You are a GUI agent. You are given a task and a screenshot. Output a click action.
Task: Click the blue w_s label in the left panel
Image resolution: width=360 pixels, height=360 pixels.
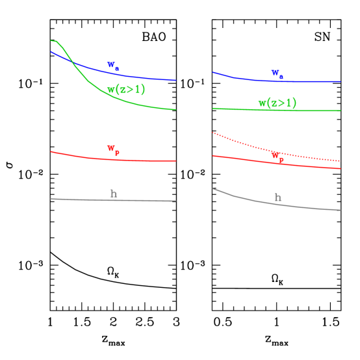(113, 66)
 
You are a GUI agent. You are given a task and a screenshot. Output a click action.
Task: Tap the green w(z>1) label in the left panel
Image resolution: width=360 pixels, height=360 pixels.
(126, 90)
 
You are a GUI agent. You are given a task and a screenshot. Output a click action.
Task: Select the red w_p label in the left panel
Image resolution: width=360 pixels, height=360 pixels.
(113, 150)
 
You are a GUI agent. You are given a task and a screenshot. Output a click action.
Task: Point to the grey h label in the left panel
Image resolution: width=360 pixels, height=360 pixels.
(114, 193)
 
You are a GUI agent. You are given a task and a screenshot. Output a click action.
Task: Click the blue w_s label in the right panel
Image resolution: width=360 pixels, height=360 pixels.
(277, 74)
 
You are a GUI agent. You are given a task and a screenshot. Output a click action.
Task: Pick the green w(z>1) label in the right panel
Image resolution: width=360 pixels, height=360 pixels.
(277, 103)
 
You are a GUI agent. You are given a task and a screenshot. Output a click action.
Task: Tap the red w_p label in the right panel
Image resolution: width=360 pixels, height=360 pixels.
(277, 157)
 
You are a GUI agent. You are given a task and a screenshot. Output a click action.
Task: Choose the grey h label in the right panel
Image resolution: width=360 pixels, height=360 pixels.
(277, 198)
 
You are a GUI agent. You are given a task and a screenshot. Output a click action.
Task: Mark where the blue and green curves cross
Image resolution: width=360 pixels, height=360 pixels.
(73, 64)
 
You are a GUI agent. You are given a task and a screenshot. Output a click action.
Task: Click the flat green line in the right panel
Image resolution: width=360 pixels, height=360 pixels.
(234, 109)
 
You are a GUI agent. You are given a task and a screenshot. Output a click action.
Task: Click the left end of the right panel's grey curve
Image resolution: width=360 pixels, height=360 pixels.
(213, 189)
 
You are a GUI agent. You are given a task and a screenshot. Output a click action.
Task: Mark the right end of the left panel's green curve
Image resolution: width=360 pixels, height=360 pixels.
(176, 109)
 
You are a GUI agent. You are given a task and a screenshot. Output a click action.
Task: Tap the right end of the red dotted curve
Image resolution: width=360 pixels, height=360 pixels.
(341, 161)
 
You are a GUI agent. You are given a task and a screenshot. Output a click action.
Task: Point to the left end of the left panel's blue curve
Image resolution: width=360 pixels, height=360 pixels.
(51, 51)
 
